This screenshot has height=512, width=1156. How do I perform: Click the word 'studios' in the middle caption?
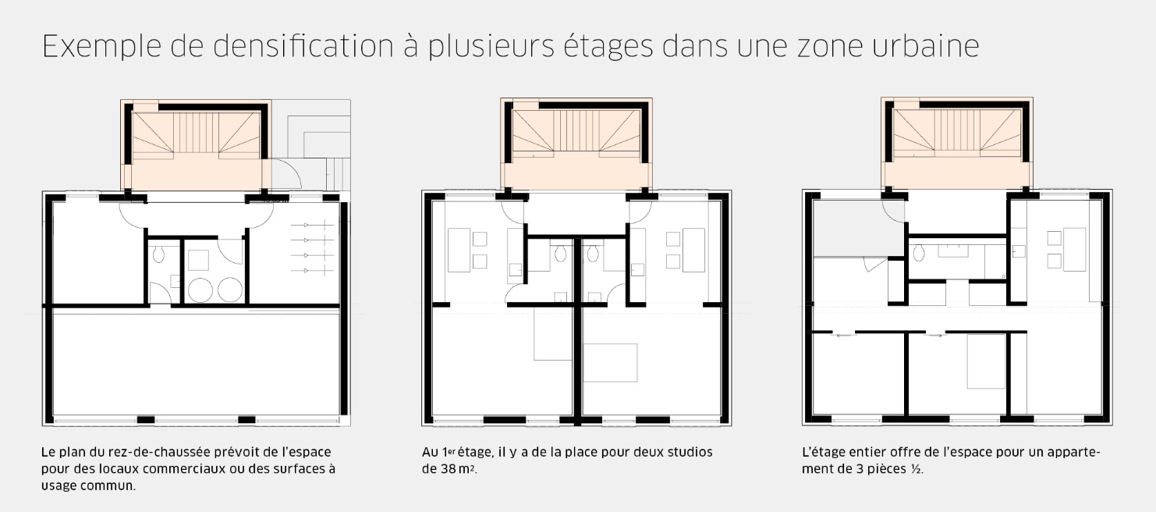[683, 452]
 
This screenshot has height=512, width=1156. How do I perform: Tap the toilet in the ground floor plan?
[158, 254]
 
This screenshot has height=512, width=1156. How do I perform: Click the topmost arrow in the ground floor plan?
[312, 226]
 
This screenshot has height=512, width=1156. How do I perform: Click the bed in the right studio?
[610, 362]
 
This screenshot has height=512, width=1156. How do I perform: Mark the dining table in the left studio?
[459, 249]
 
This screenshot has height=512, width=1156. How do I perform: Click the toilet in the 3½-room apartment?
[920, 251]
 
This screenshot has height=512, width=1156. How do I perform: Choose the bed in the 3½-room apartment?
[986, 361]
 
